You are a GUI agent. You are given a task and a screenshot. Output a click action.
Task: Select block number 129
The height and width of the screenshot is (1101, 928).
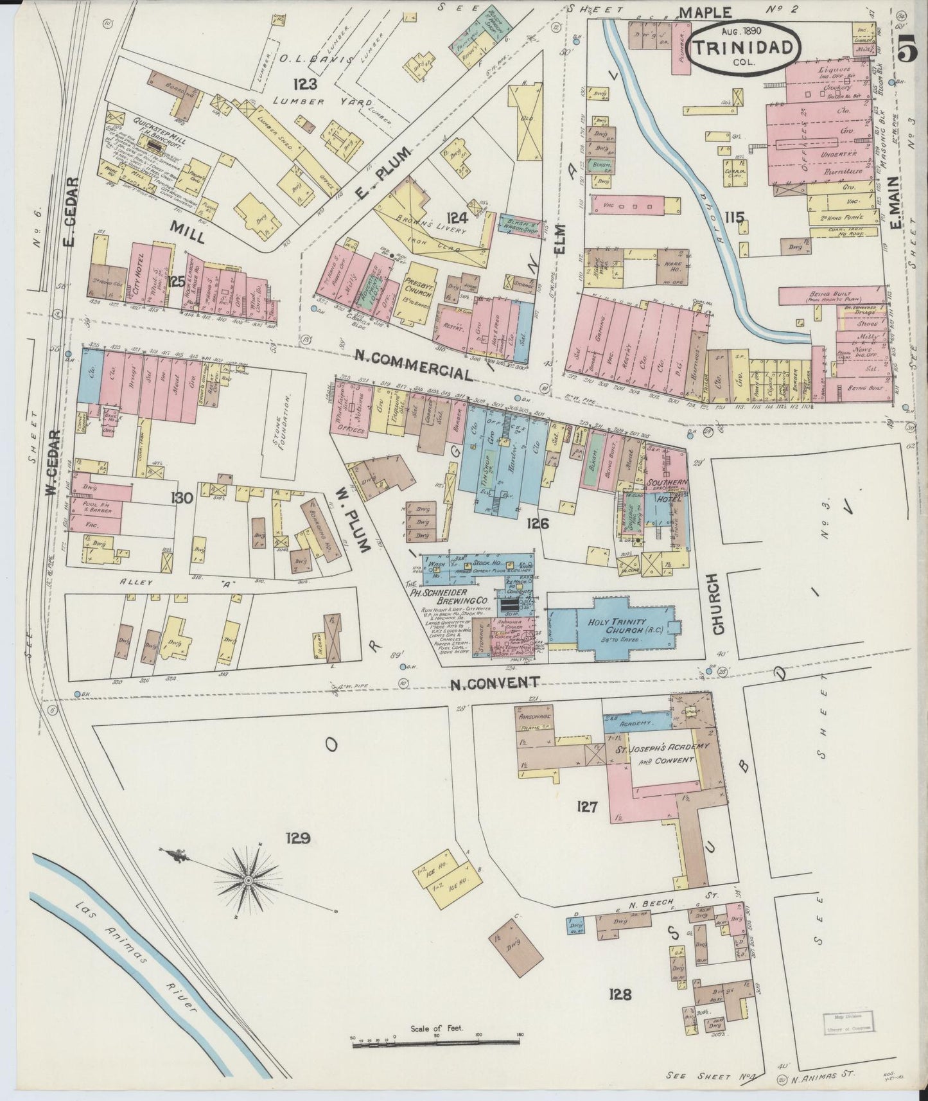[299, 838]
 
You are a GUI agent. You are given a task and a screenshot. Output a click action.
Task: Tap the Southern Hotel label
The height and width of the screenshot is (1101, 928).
[667, 488]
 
